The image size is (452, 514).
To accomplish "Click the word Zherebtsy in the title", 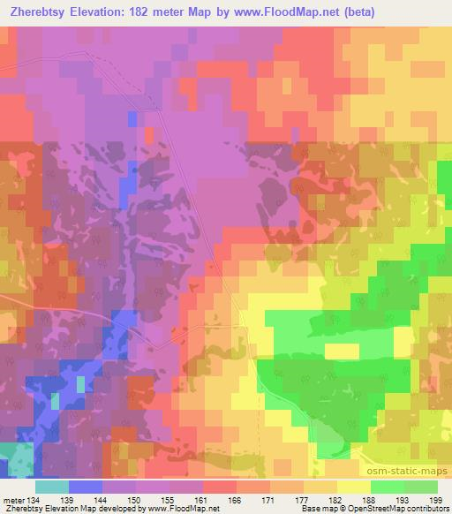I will pos(38,12).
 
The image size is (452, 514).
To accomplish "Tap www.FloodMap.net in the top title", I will pos(275,12).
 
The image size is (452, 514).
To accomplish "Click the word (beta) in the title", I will pos(350,12).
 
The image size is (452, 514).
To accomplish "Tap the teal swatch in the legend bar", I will pos(52,487).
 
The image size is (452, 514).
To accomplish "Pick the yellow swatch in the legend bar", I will pos(354,487).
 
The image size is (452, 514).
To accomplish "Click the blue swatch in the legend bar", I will pos(86,487).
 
